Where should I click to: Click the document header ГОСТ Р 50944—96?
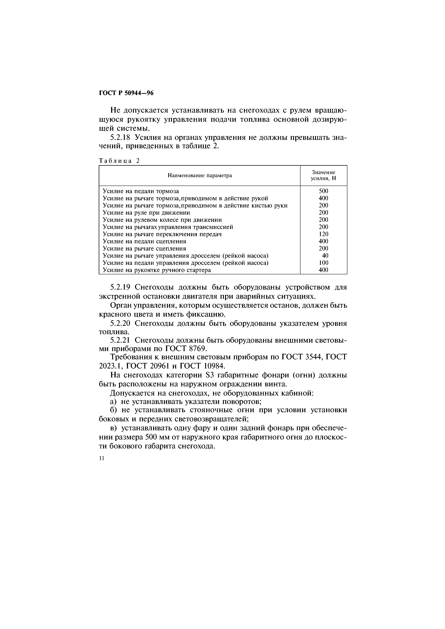pyautogui.click(x=126, y=93)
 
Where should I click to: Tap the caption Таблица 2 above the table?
pyautogui.click(x=119, y=161)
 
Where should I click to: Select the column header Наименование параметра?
pyautogui.click(x=200, y=175)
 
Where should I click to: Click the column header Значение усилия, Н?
pyautogui.click(x=323, y=175)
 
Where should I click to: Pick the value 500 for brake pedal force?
pyautogui.click(x=323, y=191)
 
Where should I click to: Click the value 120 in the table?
pyautogui.click(x=323, y=234)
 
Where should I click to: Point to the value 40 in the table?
pyautogui.click(x=325, y=256)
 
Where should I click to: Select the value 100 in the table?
pyautogui.click(x=323, y=263)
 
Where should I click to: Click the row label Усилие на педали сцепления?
pyautogui.click(x=144, y=241)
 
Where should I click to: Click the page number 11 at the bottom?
pyautogui.click(x=102, y=459)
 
